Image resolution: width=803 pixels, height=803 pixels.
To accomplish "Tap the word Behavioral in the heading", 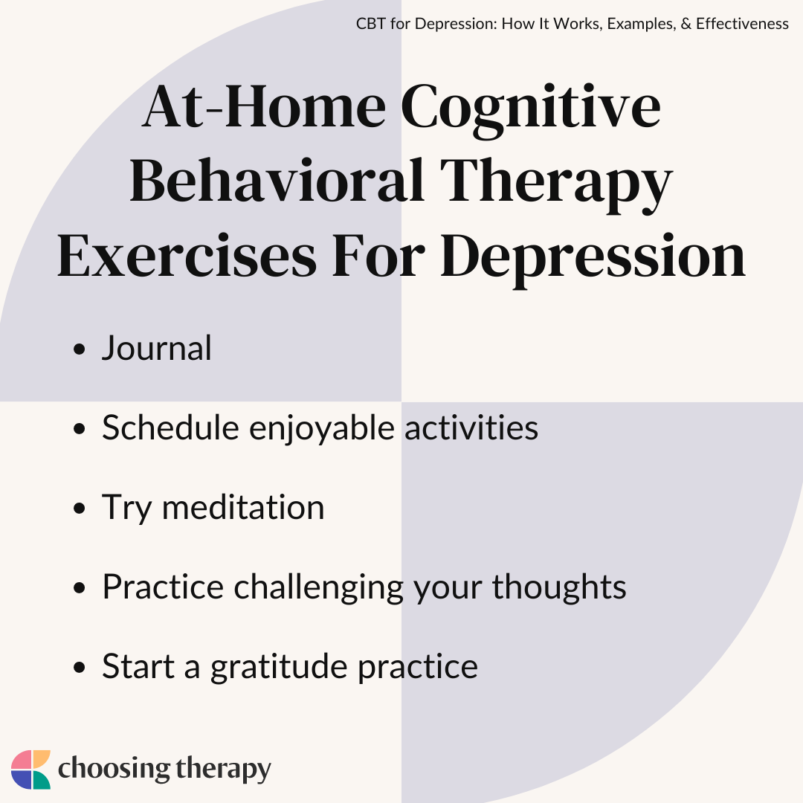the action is [277, 180].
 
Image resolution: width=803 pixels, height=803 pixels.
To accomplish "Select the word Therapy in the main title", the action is [556, 185].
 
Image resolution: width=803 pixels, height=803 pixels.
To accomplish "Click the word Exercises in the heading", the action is [187, 255].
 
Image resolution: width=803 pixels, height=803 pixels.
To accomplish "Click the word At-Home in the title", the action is [264, 106].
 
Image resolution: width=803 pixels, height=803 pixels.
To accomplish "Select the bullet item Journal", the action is [157, 348].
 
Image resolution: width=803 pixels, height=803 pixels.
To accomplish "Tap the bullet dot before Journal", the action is [79, 349].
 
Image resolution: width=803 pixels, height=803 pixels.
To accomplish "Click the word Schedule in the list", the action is [170, 427].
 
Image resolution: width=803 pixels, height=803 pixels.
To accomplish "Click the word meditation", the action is [243, 507].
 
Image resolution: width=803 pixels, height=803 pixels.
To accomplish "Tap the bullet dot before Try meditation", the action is [79, 508].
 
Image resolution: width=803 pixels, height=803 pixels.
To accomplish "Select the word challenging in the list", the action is [318, 589].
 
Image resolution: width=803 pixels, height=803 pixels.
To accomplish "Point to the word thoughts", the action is [559, 587].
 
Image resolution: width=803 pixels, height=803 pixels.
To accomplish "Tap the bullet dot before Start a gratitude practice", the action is [79, 667].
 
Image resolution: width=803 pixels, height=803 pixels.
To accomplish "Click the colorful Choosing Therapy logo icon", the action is [30, 770].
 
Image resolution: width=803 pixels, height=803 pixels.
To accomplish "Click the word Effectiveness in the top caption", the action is [742, 24].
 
